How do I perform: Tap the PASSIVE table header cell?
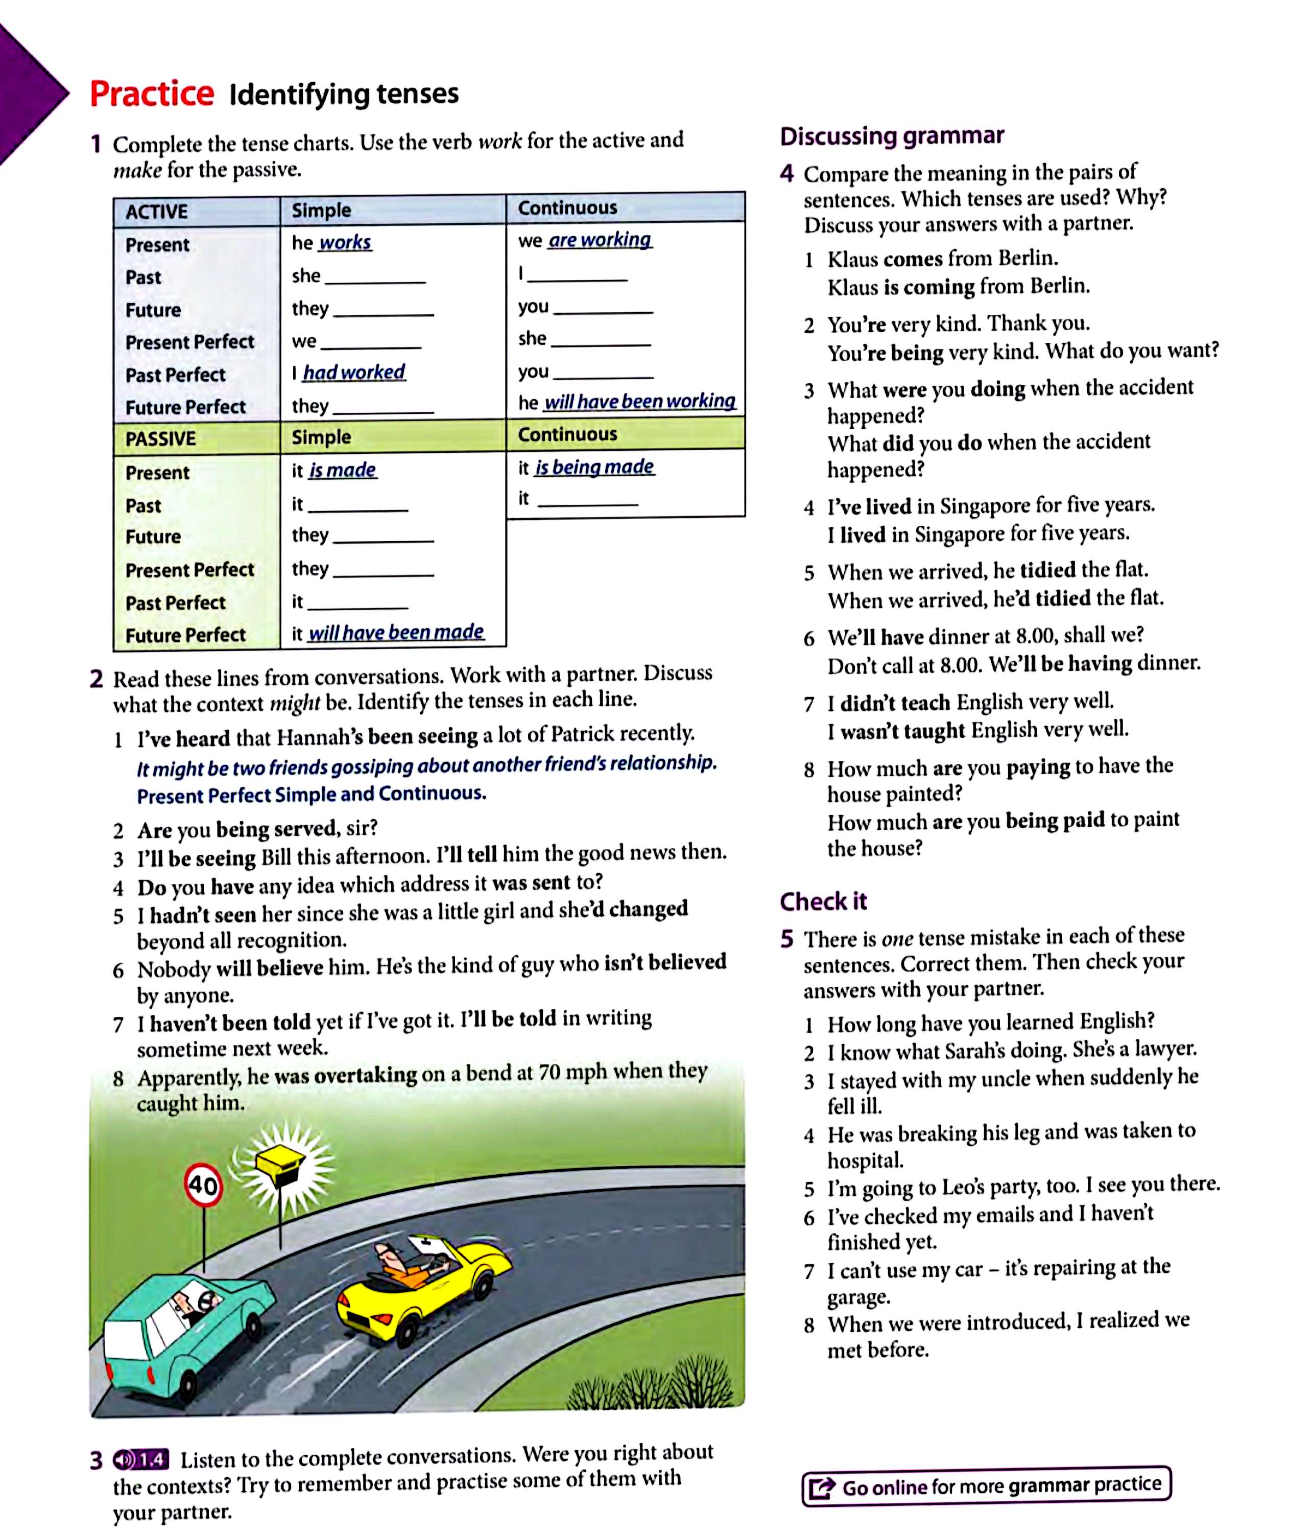click(x=161, y=438)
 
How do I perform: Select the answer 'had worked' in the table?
click(x=354, y=373)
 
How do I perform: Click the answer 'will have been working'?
click(x=639, y=401)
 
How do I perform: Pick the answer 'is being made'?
click(x=594, y=467)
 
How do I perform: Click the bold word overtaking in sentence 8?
click(x=365, y=1075)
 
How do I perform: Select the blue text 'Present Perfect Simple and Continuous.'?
click(x=312, y=795)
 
